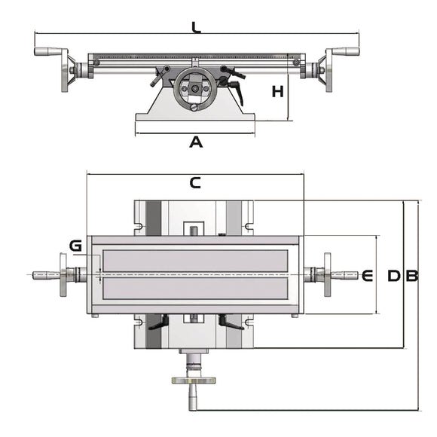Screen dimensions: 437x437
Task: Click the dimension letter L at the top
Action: [196, 28]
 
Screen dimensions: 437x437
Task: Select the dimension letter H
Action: [278, 92]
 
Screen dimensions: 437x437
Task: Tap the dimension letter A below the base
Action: [196, 141]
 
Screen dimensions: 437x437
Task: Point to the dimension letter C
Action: [195, 182]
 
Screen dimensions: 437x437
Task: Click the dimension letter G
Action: [75, 246]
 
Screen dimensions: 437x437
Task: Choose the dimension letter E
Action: [368, 276]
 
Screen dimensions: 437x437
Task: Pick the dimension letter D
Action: [393, 276]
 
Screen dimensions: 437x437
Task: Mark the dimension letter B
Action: [411, 276]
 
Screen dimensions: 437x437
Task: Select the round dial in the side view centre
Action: [195, 89]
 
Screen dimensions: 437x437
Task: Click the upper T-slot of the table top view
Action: [195, 260]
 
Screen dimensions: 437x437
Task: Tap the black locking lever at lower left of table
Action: [158, 323]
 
